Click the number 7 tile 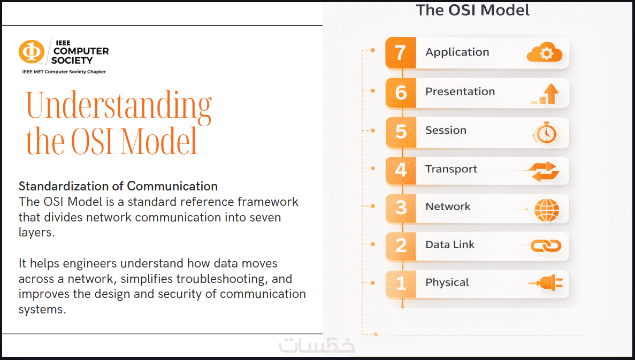point(401,52)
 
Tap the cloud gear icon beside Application point(545,52)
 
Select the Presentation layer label point(460,91)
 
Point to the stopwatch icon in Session point(546,132)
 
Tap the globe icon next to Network point(547,210)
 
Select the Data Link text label point(450,244)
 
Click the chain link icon point(546,246)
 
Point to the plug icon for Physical point(546,284)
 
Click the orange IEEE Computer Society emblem point(31,52)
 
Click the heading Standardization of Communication point(118,186)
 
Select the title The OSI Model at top point(472,10)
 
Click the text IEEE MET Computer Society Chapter point(64,72)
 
